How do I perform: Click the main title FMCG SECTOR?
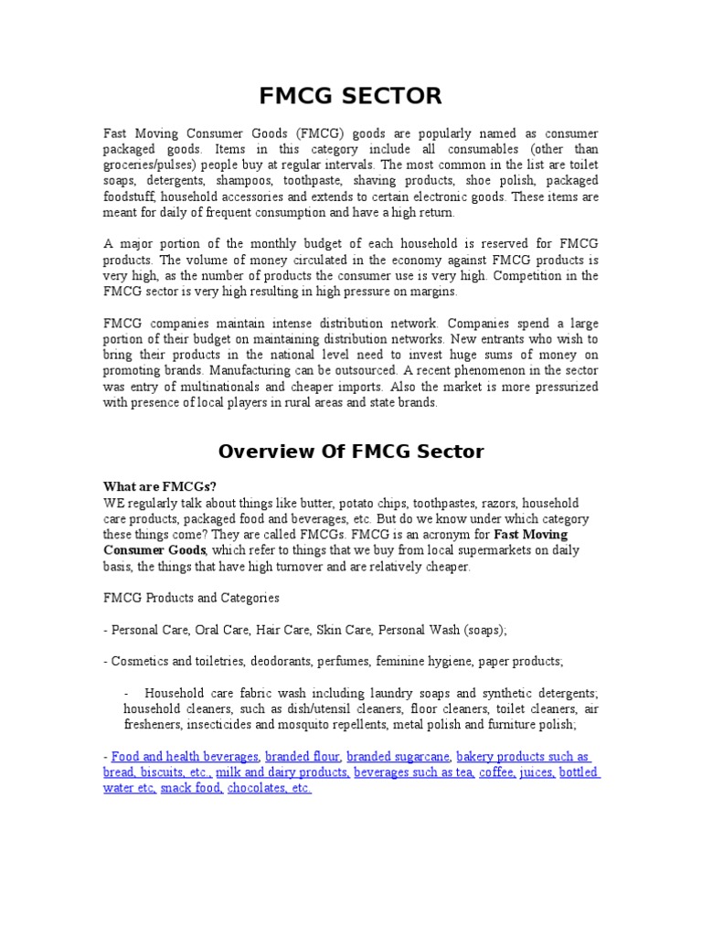coord(351,95)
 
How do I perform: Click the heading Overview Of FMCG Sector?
coord(351,451)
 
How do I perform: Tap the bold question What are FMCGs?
coord(154,486)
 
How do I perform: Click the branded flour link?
coord(303,757)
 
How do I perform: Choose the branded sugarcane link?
coord(398,757)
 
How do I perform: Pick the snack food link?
coord(191,788)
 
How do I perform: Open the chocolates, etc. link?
coord(270,788)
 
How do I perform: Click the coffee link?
coord(496,772)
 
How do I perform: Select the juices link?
coord(536,772)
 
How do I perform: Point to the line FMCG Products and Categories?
coord(191,598)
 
